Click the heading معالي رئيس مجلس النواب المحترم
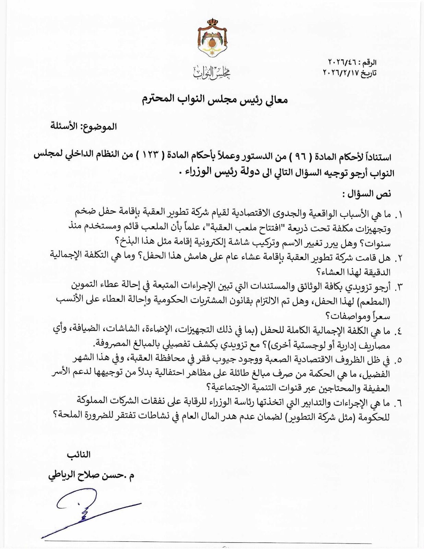point(215,100)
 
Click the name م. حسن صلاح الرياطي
point(92,477)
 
